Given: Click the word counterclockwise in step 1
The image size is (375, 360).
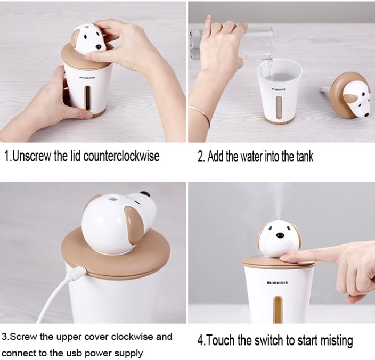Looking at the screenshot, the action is tap(121, 157).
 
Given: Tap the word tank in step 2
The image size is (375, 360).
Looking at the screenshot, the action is tap(305, 157).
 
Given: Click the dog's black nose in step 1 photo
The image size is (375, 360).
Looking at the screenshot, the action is tap(99, 47).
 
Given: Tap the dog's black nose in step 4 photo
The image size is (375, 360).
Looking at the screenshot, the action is tap(280, 236).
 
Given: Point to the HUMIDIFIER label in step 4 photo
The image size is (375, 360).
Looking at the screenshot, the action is tap(278, 283).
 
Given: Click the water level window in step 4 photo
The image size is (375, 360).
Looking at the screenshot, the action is tap(278, 309).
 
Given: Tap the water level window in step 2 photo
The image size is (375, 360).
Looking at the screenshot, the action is tap(279, 108).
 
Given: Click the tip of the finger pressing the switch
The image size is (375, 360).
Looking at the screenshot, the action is tap(282, 258).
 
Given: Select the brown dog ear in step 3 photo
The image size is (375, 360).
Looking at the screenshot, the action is tap(134, 225).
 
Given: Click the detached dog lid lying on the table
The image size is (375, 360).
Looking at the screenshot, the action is tap(350, 96).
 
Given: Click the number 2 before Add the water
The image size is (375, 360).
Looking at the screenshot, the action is tap(200, 157).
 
